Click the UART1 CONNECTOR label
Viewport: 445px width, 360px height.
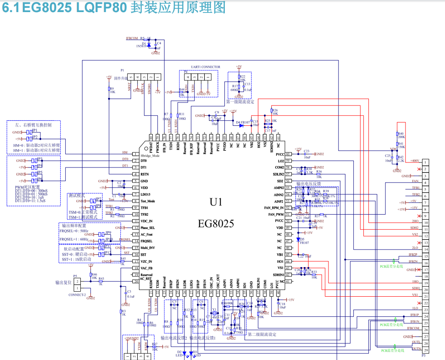click(x=205, y=67)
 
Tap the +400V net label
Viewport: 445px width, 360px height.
click(x=415, y=160)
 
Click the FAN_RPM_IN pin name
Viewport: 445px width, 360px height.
click(x=273, y=207)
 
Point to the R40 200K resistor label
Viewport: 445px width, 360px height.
click(x=401, y=135)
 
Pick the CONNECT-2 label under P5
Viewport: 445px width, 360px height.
click(x=77, y=295)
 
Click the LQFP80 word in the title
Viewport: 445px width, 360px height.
click(x=102, y=7)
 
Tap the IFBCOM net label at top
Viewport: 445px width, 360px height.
click(x=132, y=38)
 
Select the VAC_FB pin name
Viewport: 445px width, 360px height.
click(x=147, y=268)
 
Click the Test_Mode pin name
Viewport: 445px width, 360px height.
click(x=148, y=201)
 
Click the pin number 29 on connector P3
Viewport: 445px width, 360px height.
click(x=426, y=350)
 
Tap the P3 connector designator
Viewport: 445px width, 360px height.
click(x=423, y=355)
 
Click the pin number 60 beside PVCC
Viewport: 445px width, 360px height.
click(x=287, y=154)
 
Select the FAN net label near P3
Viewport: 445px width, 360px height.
click(x=415, y=181)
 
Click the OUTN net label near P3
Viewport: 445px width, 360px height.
click(x=415, y=348)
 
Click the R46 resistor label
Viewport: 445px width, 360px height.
click(x=94, y=275)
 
